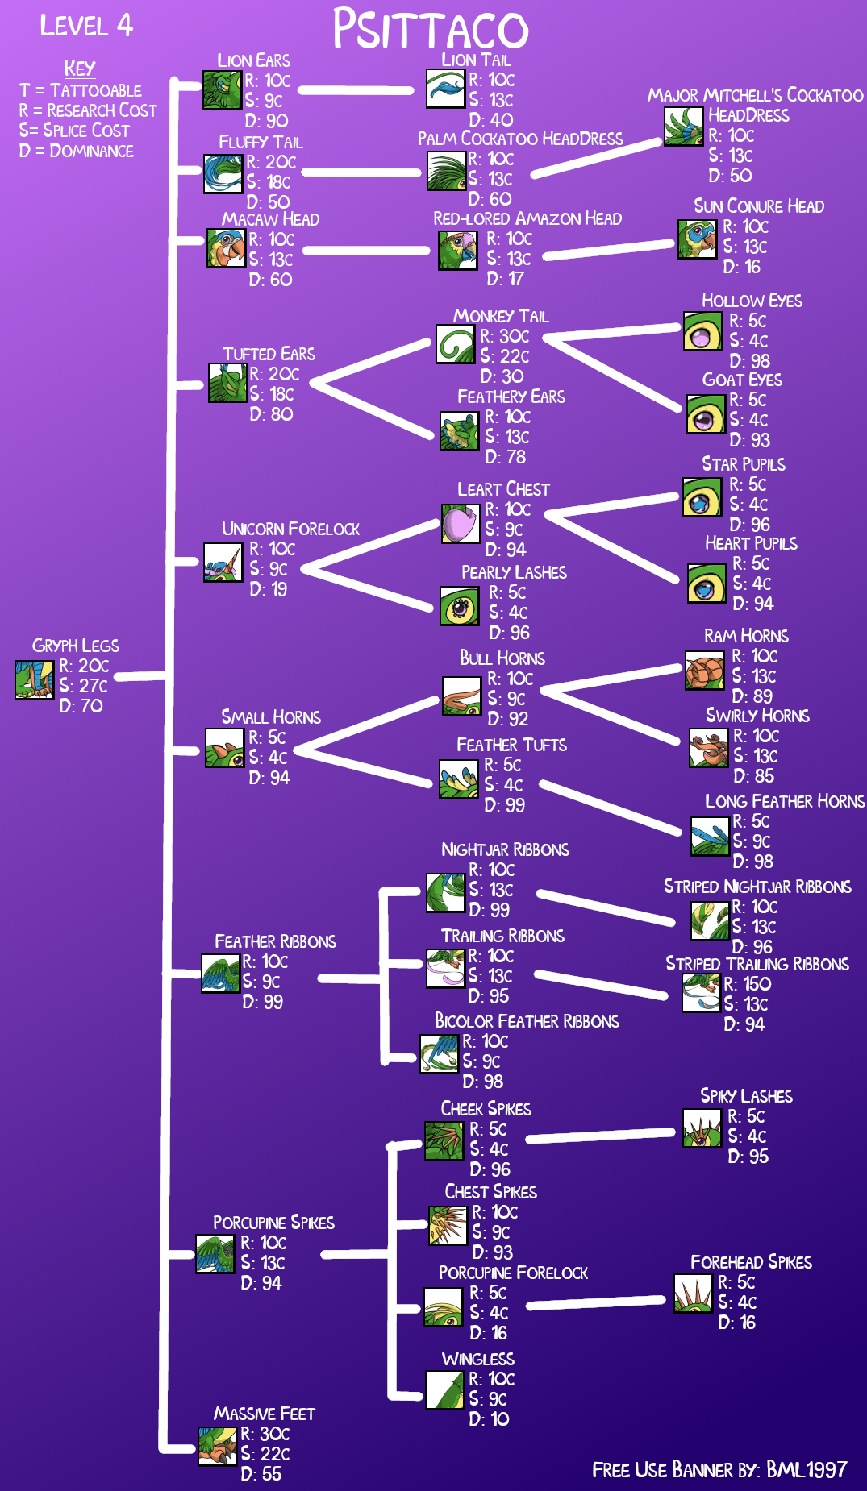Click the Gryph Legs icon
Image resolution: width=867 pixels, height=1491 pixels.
tap(35, 679)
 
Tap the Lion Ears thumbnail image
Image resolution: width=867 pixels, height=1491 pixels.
tap(222, 89)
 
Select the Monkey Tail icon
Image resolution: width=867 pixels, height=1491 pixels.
tap(456, 344)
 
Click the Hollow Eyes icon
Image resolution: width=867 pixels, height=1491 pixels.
tap(702, 331)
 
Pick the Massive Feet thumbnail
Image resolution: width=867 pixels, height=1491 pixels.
tap(218, 1446)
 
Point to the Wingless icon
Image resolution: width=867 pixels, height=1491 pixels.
tap(445, 1389)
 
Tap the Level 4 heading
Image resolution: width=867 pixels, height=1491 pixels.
tap(86, 26)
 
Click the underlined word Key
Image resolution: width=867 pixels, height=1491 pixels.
tap(80, 69)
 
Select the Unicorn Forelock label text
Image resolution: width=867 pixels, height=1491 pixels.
tap(290, 529)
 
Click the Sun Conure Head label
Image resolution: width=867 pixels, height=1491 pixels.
tap(759, 206)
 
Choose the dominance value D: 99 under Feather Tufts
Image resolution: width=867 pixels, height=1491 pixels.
tap(505, 805)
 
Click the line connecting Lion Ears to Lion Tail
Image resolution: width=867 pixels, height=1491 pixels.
tap(361, 90)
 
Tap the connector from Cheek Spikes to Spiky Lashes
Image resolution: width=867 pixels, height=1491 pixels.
tap(600, 1136)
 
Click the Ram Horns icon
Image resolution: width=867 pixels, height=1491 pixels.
tap(704, 671)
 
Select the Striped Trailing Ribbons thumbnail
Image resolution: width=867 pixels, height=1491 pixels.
tap(701, 993)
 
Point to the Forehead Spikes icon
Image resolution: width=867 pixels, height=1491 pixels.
tap(693, 1293)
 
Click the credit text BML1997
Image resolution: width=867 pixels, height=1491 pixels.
tap(806, 1470)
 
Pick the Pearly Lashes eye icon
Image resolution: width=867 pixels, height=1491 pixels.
tap(460, 607)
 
